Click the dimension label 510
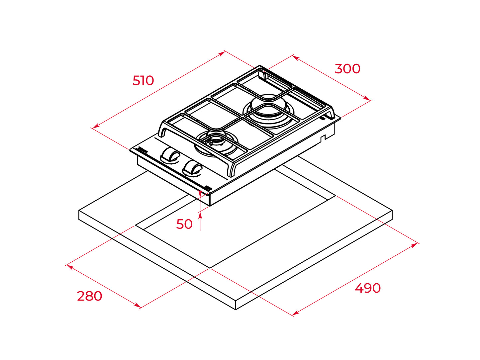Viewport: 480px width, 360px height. pyautogui.click(x=143, y=80)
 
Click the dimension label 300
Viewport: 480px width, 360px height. pyautogui.click(x=347, y=69)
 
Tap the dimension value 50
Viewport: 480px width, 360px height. pyautogui.click(x=184, y=224)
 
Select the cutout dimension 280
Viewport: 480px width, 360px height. pyautogui.click(x=90, y=296)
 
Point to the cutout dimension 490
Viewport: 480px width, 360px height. pyautogui.click(x=368, y=288)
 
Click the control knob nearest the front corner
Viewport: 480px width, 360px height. pyautogui.click(x=192, y=168)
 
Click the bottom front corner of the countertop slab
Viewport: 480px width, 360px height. pyautogui.click(x=235, y=310)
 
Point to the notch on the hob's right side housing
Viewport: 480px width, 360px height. pyautogui.click(x=323, y=138)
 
